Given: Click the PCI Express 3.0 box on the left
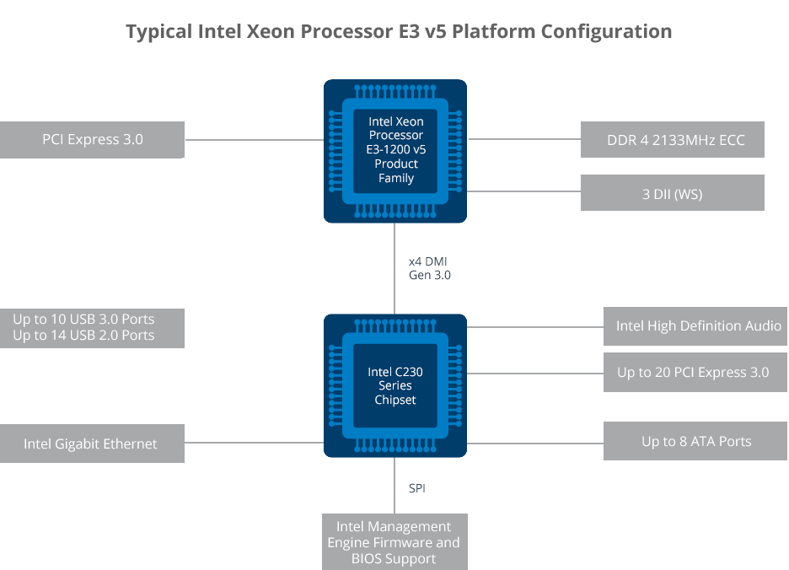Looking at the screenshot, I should [93, 140].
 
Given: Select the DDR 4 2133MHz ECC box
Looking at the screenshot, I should [673, 140].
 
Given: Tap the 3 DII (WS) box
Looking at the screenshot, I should [673, 193].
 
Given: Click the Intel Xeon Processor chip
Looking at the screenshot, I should [395, 151].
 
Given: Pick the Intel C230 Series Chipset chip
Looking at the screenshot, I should [395, 385].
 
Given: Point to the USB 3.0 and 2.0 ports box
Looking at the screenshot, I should [93, 328].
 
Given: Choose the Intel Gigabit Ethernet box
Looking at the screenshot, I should [93, 444].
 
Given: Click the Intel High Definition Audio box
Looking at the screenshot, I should [696, 326].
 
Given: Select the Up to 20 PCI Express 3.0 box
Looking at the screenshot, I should [696, 372].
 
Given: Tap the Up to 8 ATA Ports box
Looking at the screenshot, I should [696, 441].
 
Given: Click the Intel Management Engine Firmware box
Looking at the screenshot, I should [394, 542].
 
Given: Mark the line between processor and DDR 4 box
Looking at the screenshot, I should [523, 139].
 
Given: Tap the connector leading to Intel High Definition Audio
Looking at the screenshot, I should [535, 326].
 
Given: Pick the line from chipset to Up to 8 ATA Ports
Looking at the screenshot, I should [535, 442].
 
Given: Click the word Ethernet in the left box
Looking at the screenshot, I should [127, 444].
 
